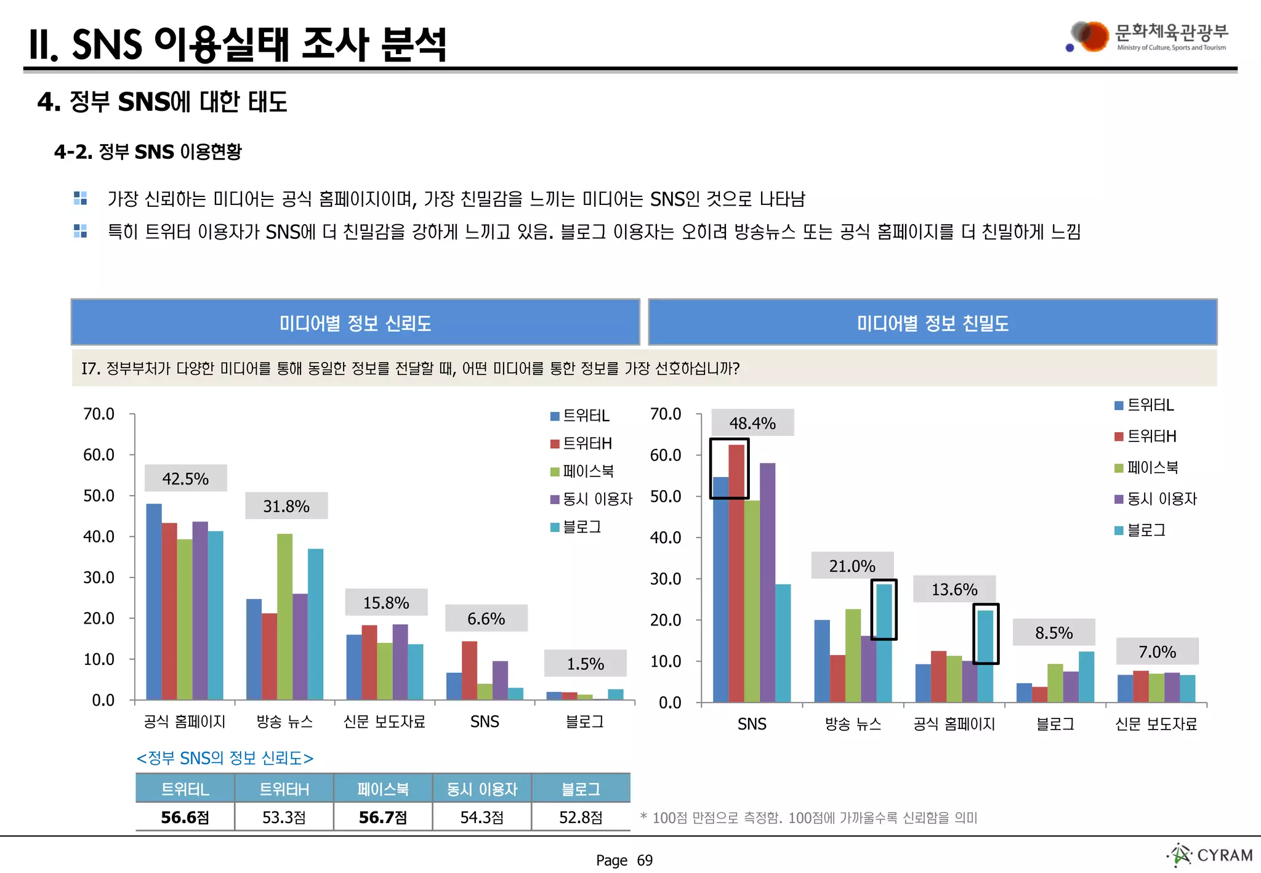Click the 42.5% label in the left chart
point(185,478)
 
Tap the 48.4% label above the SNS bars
point(752,423)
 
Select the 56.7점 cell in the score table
point(382,817)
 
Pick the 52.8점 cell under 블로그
point(581,817)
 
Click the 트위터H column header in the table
point(284,789)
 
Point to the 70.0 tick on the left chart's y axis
point(99,414)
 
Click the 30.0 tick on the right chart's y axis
point(666,579)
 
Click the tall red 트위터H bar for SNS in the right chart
point(736,573)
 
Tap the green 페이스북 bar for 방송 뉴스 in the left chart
point(284,616)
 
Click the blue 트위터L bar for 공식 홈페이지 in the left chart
point(154,601)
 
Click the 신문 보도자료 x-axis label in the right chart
point(1156,724)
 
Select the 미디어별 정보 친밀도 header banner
point(932,323)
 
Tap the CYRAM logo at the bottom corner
point(1212,855)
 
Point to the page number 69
point(645,860)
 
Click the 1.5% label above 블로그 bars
point(585,664)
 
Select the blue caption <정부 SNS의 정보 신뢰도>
point(225,758)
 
